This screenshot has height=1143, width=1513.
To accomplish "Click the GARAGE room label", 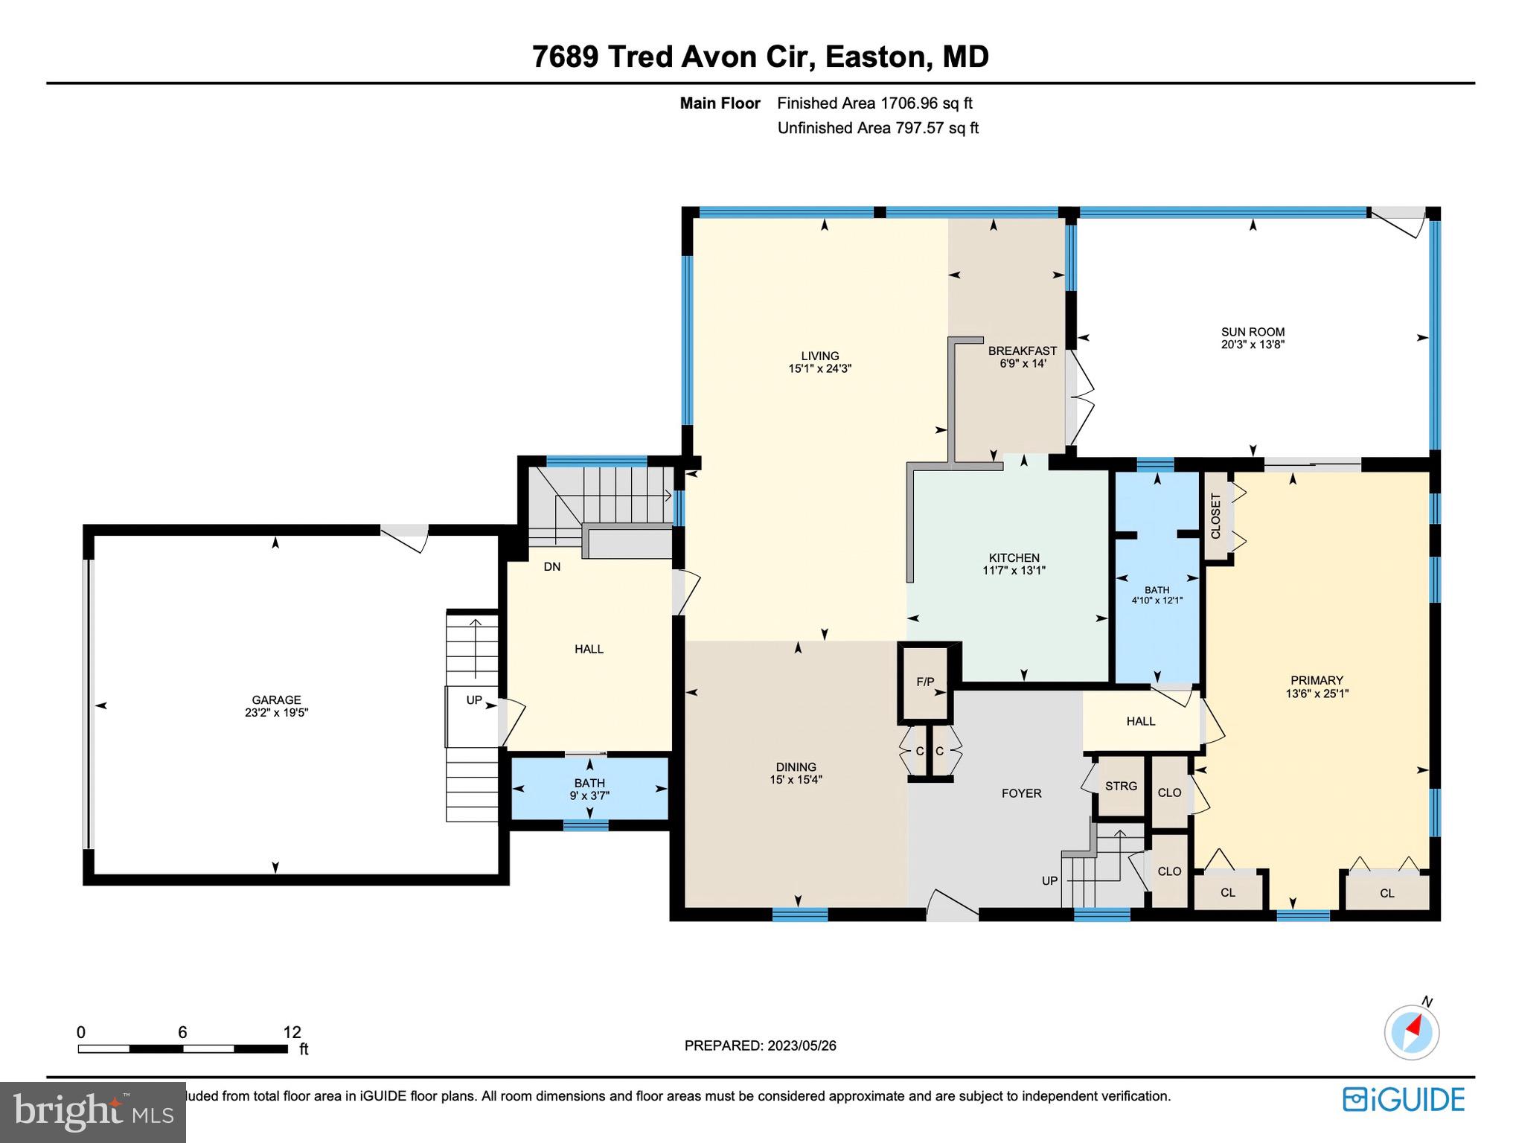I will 276,699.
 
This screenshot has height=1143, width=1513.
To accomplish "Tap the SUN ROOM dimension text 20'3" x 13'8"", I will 1253,345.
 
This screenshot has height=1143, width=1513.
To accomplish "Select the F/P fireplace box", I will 925,682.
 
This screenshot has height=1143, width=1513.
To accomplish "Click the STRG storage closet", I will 1121,786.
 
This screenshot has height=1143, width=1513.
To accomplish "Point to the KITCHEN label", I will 1014,557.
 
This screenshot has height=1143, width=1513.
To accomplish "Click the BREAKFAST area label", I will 1022,350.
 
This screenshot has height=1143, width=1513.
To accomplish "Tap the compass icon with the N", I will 1411,1032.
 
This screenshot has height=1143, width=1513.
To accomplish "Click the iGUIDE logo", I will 1404,1099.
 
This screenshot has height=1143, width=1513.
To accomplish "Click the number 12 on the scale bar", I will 292,1032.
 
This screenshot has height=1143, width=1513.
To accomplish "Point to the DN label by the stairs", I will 551,566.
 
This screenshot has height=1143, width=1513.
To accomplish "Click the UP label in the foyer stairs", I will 1049,880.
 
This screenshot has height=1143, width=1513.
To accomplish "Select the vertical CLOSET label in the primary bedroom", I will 1215,516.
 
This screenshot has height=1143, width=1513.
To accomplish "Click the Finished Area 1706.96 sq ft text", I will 874,103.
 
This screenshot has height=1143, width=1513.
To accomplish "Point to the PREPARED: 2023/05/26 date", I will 760,1046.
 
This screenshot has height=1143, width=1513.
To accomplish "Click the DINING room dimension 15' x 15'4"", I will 796,780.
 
